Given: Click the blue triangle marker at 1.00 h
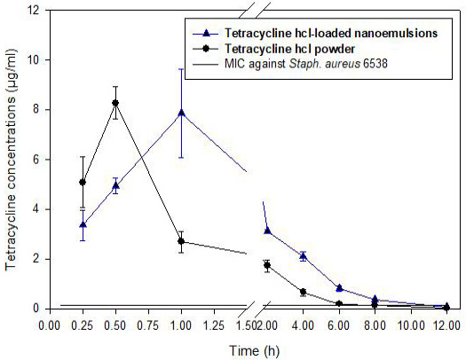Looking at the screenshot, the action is [x=181, y=113].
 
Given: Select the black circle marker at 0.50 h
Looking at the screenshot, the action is [x=115, y=103].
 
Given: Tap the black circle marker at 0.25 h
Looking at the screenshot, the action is [x=83, y=183].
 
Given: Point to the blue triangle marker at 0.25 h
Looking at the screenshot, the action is [x=83, y=224].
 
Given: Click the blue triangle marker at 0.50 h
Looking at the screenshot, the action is [x=115, y=186].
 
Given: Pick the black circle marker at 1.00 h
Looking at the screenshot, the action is [x=181, y=241].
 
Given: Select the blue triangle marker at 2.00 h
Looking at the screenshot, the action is [x=267, y=231].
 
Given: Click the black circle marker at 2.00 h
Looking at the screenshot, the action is [x=267, y=265].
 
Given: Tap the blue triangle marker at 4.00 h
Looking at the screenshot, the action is [x=304, y=256].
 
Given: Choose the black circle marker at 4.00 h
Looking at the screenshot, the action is [x=304, y=292].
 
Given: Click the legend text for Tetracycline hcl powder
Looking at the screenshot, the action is [x=290, y=49].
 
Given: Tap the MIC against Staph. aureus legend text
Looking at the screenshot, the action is [x=306, y=64].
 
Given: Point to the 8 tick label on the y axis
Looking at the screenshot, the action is [x=36, y=110].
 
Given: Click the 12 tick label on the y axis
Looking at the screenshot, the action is [x=34, y=11].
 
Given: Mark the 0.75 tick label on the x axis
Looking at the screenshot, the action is [x=148, y=325].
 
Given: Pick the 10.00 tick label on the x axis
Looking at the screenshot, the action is [x=411, y=325].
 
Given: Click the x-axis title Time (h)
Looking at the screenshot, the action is [x=255, y=351].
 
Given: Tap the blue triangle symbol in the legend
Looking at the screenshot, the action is [x=206, y=33].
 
